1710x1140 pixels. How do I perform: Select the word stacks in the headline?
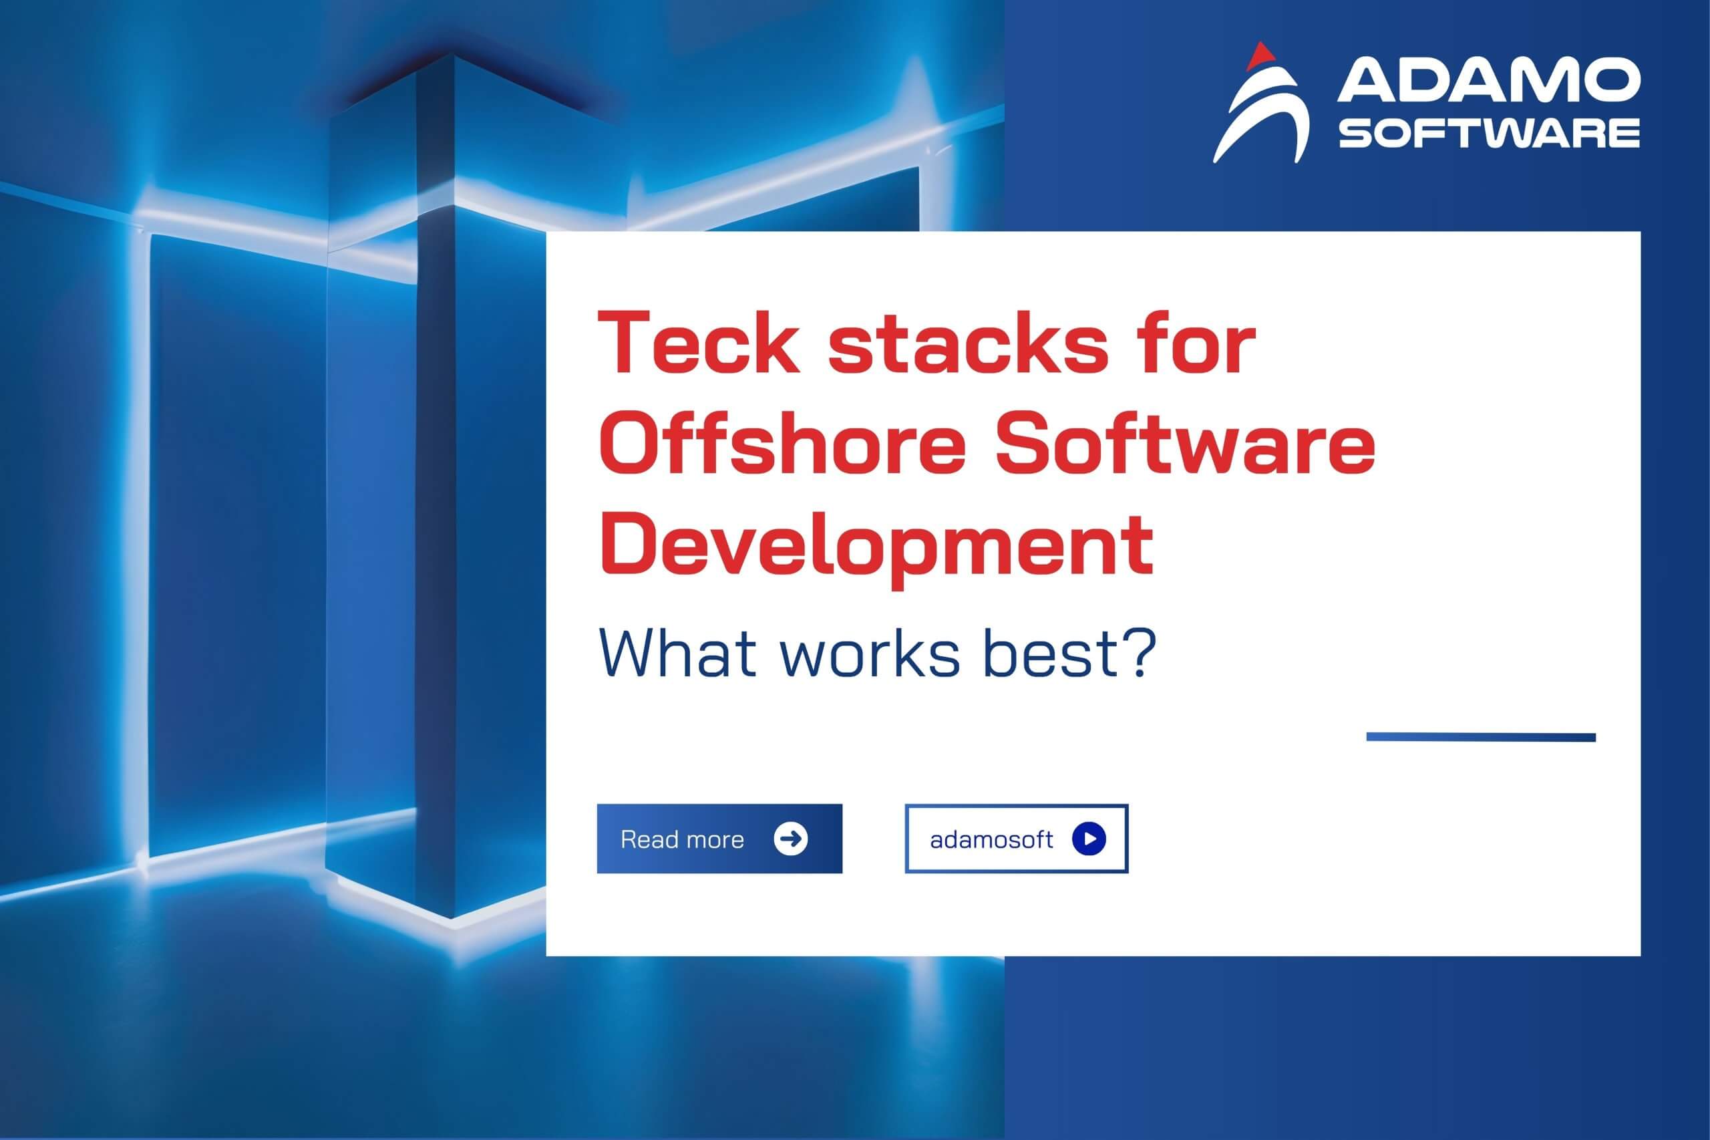point(967,344)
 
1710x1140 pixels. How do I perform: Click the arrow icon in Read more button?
point(791,839)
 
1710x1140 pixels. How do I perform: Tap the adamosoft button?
point(1016,839)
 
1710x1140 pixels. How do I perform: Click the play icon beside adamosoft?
point(1089,839)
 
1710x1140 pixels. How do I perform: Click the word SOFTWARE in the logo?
point(1488,134)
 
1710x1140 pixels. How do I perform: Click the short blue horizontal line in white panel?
point(1481,737)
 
